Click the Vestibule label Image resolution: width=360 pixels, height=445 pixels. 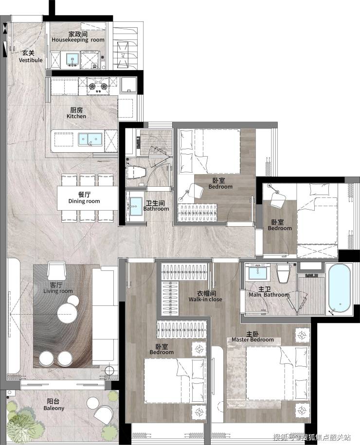(x=31, y=56)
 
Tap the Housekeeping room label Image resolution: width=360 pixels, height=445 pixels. (x=78, y=37)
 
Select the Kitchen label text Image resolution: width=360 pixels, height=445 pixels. (x=76, y=113)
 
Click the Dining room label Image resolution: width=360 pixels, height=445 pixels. (x=84, y=198)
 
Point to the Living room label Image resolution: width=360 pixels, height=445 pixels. (x=58, y=288)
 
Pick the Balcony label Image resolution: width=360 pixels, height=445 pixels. (x=54, y=405)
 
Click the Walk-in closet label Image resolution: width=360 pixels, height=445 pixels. (x=205, y=296)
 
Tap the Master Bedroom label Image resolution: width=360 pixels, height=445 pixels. (x=252, y=337)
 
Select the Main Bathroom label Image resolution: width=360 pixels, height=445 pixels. (x=269, y=292)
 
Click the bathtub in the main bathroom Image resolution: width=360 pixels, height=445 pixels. (x=339, y=288)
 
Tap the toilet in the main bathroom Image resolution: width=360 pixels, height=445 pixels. (x=283, y=273)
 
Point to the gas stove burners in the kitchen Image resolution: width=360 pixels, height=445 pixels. (x=98, y=86)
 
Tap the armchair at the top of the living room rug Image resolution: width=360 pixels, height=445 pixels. (x=57, y=270)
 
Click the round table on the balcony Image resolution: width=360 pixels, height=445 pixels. (x=93, y=402)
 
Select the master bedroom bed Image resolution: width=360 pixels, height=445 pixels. (x=277, y=373)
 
